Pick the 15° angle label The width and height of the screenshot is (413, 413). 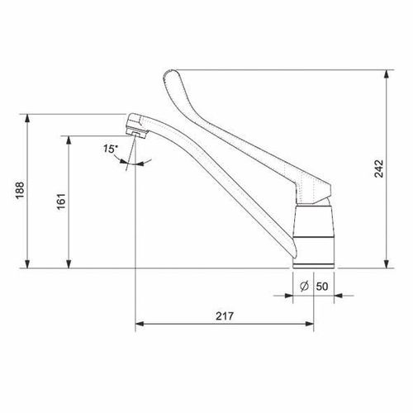tap(109, 149)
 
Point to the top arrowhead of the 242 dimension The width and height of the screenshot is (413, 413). tap(387, 74)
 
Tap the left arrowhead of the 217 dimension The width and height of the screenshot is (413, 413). tap(140, 323)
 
